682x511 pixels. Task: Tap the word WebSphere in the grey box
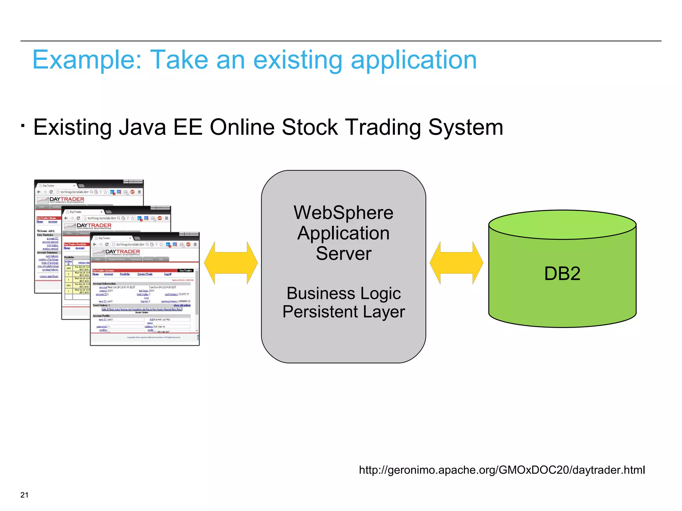343,213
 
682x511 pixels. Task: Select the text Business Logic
343,293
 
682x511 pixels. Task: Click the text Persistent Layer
343,312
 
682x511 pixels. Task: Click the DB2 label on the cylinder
562,273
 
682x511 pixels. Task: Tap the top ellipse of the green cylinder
562,225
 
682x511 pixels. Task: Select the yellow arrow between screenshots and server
231,263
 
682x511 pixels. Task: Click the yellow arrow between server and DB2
456,263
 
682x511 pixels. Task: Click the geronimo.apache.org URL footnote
502,470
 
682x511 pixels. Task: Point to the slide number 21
24,495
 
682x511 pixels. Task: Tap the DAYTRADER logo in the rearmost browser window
66,200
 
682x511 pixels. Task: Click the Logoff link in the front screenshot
168,274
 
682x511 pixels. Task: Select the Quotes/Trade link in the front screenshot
145,274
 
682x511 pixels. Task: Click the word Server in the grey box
343,254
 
